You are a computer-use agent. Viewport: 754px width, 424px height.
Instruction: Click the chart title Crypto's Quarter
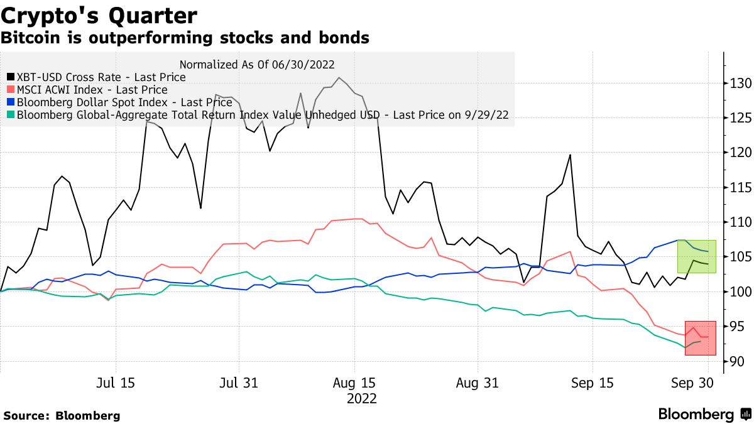99,15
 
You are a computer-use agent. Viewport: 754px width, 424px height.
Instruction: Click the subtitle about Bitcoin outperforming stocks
185,38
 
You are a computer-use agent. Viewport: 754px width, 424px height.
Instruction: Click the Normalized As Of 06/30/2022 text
257,64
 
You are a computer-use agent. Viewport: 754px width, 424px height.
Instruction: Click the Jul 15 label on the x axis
116,383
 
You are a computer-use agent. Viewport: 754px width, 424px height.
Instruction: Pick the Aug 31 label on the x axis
478,383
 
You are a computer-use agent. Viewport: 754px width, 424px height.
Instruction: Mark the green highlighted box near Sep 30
696,256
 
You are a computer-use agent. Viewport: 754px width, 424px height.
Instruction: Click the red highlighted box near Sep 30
700,338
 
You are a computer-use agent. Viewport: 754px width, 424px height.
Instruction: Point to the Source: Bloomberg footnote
62,415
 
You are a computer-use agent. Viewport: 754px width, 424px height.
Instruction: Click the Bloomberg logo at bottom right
704,415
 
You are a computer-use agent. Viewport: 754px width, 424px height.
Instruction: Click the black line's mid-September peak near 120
570,155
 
